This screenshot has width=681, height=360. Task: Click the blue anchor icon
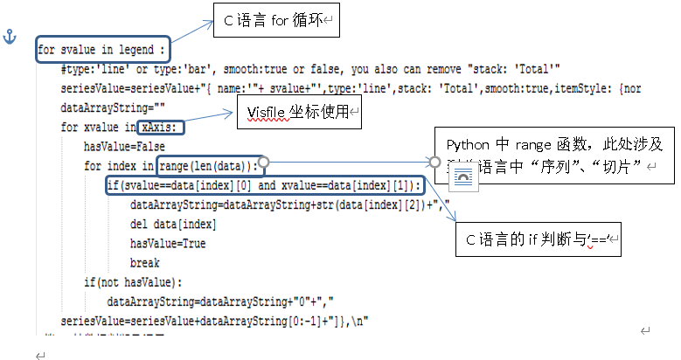(x=11, y=37)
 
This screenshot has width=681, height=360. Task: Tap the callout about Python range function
(x=554, y=155)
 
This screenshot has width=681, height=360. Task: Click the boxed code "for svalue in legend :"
(x=102, y=49)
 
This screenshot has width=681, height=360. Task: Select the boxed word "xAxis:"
(x=162, y=128)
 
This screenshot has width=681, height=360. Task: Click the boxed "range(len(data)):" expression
(x=210, y=164)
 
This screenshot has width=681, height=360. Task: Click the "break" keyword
(x=144, y=262)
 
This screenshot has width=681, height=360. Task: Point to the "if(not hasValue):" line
(x=134, y=281)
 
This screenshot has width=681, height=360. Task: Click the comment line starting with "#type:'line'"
(x=310, y=69)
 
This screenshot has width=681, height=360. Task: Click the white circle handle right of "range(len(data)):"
(x=263, y=163)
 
